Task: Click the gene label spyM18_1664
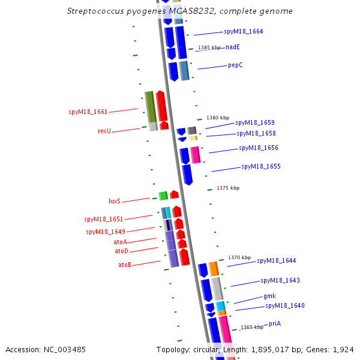pyautogui.click(x=243, y=31)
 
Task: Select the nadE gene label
pyautogui.click(x=233, y=47)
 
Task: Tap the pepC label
pyautogui.click(x=235, y=65)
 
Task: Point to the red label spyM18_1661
pyautogui.click(x=88, y=112)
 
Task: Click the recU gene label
pyautogui.click(x=104, y=131)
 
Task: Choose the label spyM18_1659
pyautogui.click(x=255, y=122)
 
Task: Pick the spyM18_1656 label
pyautogui.click(x=259, y=148)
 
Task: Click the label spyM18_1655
pyautogui.click(x=261, y=166)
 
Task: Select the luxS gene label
pyautogui.click(x=115, y=201)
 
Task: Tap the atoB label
pyautogui.click(x=125, y=265)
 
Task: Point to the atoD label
pyautogui.click(x=121, y=251)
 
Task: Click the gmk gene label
pyautogui.click(x=269, y=296)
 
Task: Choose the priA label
pyautogui.click(x=275, y=323)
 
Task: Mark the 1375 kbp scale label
pyautogui.click(x=228, y=188)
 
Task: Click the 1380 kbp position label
pyautogui.click(x=218, y=118)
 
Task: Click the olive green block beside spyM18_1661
pyautogui.click(x=150, y=106)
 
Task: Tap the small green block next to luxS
pyautogui.click(x=163, y=196)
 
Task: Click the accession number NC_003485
pyautogui.click(x=46, y=349)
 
